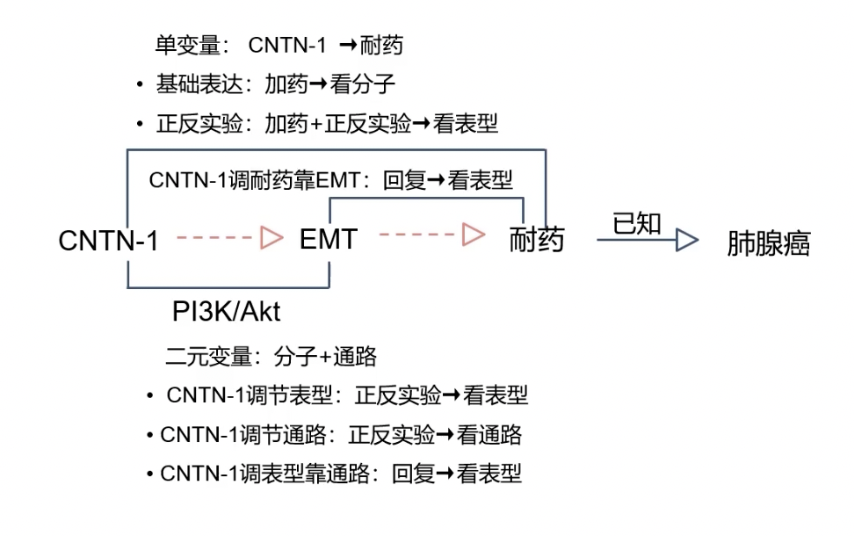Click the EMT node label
point(328,239)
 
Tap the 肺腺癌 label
point(768,243)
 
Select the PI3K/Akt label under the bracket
point(226,313)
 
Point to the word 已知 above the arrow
point(636,223)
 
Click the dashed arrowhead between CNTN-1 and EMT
point(271,237)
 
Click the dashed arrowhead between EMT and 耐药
point(474,235)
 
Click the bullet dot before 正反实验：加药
point(140,125)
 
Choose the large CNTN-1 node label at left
point(108,241)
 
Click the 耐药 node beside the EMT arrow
point(536,240)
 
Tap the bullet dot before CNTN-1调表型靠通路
point(150,475)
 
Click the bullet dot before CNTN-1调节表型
point(150,396)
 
